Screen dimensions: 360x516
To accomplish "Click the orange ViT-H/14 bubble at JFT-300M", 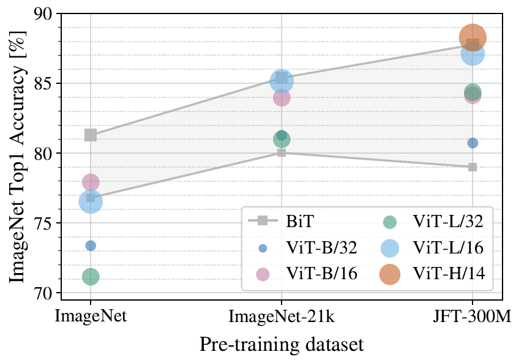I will point(473,37).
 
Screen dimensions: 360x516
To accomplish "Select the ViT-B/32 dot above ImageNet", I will point(91,246).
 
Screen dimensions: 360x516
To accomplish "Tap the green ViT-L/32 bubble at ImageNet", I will point(91,277).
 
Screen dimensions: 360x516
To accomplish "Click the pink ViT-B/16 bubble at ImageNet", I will point(91,182).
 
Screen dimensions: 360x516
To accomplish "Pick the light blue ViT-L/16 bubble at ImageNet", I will point(91,201).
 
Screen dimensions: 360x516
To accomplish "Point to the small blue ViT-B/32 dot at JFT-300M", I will point(473,143).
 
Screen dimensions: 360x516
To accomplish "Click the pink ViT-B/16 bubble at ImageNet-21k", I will point(282,97).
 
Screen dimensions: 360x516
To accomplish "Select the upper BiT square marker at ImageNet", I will point(91,135).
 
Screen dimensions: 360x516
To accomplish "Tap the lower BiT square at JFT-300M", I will point(473,167).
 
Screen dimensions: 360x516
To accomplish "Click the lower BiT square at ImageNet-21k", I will point(282,152).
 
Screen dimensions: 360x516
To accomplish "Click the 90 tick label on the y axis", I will point(47,13).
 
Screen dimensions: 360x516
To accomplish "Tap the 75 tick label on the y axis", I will point(47,223).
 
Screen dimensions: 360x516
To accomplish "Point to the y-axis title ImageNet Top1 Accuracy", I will point(17,153).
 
